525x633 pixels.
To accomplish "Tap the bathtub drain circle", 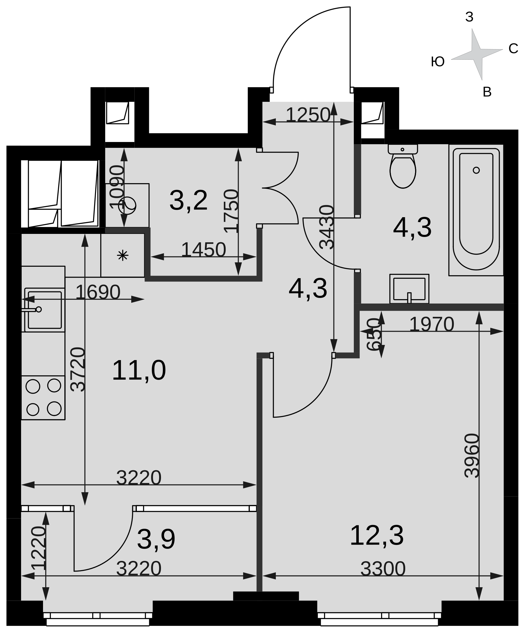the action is tap(476, 170).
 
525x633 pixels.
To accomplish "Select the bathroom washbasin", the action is tap(409, 289).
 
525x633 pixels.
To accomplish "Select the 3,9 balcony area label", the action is tap(156, 540).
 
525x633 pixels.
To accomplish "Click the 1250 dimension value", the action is tap(308, 115).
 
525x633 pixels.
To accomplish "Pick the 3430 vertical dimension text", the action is tap(327, 227).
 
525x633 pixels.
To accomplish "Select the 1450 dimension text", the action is tap(203, 249).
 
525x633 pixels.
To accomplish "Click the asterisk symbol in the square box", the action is tap(123, 256).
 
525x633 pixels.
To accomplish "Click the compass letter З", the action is tap(469, 17).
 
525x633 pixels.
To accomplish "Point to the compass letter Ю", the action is tap(438, 62).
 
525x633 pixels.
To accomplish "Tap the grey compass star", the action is tap(477, 54).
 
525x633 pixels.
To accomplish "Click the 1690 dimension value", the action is tap(98, 292).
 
